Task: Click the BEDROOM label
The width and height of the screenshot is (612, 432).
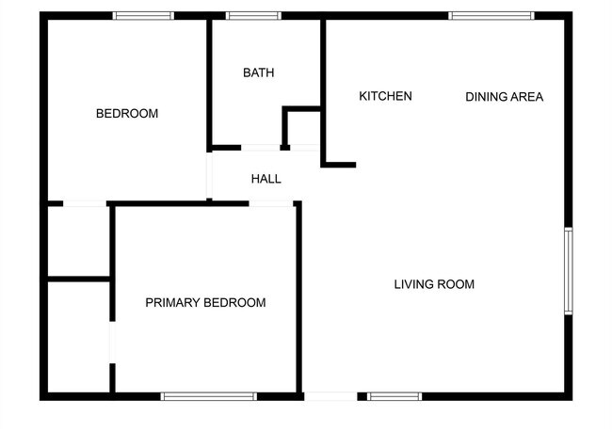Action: (x=127, y=114)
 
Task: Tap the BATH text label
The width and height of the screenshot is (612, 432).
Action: (x=258, y=72)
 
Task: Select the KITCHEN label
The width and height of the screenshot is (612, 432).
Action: (x=385, y=96)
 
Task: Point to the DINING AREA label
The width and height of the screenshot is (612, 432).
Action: (x=504, y=96)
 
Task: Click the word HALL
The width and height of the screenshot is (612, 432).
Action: (x=266, y=179)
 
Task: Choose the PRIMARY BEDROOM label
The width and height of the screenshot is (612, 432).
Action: (x=205, y=303)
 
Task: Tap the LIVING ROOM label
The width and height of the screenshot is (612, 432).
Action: (x=434, y=284)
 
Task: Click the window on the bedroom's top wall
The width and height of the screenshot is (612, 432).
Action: (x=143, y=15)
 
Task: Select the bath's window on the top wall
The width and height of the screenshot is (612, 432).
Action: (x=253, y=15)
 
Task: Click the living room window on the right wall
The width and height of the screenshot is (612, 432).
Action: (x=568, y=271)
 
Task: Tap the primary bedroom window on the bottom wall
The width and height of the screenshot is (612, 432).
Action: (x=207, y=396)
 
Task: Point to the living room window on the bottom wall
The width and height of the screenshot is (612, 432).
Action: (x=395, y=396)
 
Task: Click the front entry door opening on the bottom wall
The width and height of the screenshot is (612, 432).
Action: (x=330, y=396)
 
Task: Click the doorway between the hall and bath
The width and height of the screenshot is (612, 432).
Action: (x=261, y=148)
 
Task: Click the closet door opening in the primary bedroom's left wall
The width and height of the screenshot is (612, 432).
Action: (x=112, y=344)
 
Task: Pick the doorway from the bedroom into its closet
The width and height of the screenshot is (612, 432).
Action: (x=85, y=203)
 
